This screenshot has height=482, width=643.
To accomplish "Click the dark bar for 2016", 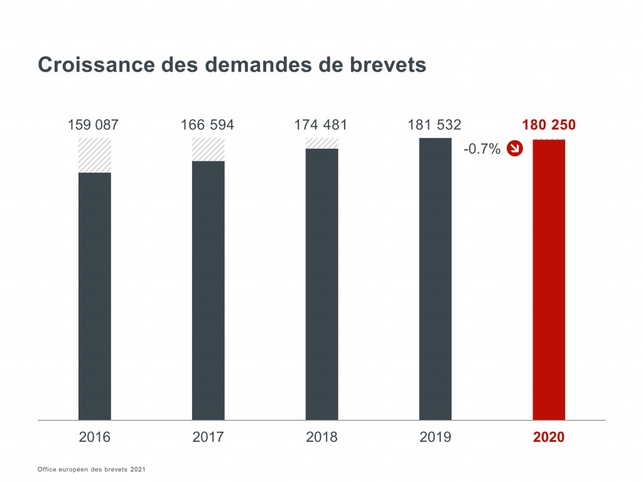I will [x=95, y=296].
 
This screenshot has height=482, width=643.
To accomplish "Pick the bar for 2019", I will [x=435, y=279].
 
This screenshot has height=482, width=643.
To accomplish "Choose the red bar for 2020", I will [x=549, y=279].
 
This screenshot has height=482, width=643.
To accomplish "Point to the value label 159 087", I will [x=93, y=125].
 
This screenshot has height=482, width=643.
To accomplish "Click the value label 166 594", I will [x=207, y=125].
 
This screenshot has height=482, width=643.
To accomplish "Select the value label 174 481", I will [x=320, y=125].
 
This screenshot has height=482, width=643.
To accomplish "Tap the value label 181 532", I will [x=434, y=125].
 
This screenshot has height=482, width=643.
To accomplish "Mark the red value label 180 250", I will [x=548, y=125].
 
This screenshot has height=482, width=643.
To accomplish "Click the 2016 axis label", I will [x=94, y=437].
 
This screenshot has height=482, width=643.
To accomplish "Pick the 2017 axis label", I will [x=208, y=437].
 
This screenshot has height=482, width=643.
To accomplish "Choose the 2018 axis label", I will [x=321, y=437].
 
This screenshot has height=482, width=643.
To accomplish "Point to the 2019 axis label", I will [x=435, y=437].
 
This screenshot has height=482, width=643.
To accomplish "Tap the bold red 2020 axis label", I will [x=549, y=437].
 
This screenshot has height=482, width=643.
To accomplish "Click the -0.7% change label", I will [x=482, y=149].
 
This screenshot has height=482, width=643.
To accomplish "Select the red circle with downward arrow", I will [x=515, y=149].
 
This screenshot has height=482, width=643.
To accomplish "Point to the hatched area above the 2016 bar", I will [x=95, y=155].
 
